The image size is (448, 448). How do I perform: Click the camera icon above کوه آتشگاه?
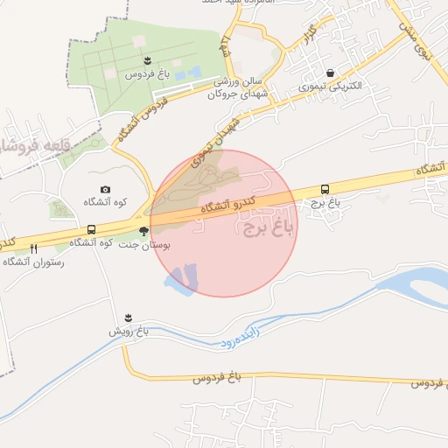click(106, 189)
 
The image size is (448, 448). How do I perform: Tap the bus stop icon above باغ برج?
click(325, 189)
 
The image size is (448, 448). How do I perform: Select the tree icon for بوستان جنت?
click(143, 232)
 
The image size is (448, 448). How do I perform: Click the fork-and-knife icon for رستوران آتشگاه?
click(33, 248)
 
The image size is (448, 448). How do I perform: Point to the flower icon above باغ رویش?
click(129, 317)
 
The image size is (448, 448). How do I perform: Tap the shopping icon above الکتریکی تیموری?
click(329, 73)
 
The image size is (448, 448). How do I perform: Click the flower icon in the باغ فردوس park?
click(147, 60)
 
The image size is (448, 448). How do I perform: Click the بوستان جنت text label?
click(144, 246)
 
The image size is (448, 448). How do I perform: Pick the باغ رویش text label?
click(129, 332)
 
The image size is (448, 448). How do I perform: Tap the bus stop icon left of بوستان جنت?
click(91, 230)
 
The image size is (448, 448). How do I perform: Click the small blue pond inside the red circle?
click(183, 278)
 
